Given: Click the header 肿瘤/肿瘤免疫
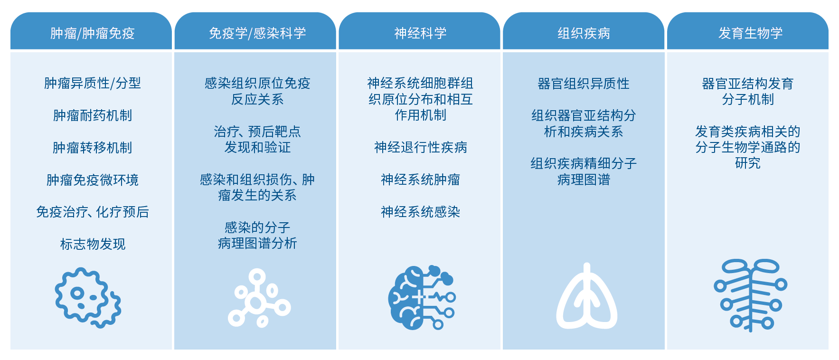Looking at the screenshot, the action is coord(93,33).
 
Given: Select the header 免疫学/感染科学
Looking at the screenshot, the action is coord(257,33).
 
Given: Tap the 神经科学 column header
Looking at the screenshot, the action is coord(420,33).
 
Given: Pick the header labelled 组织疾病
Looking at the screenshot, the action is coord(584,33).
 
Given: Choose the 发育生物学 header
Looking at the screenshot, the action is coord(750,33).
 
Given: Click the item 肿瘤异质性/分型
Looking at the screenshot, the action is coord(93,83).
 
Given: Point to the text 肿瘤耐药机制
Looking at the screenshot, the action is coord(93,115).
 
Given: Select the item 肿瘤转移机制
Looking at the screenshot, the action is coord(93,148).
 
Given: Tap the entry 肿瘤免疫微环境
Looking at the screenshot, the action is coord(93,180).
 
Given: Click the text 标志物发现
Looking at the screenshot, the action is coord(93,244).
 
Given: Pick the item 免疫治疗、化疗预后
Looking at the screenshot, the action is coord(93,212).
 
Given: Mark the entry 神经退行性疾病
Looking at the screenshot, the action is coord(420,147).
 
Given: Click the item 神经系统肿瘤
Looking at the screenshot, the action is coord(420,180).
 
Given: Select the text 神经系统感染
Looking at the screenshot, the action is coord(420,212).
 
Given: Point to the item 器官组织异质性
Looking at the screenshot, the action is coord(584,84).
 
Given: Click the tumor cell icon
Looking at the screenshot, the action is coord(88,298).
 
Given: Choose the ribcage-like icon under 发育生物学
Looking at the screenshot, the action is coord(750,295).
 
